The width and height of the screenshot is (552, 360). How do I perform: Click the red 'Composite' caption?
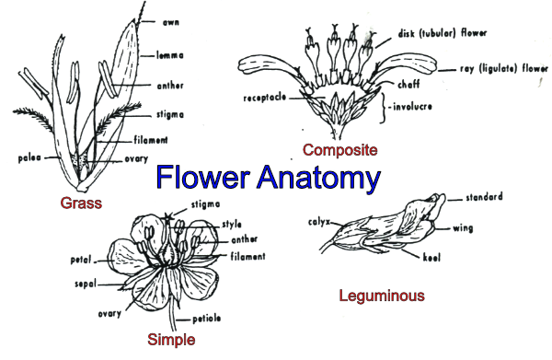[339, 149]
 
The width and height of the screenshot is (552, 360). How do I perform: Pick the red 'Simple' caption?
[172, 340]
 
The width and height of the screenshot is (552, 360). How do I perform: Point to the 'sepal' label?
[86, 285]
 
